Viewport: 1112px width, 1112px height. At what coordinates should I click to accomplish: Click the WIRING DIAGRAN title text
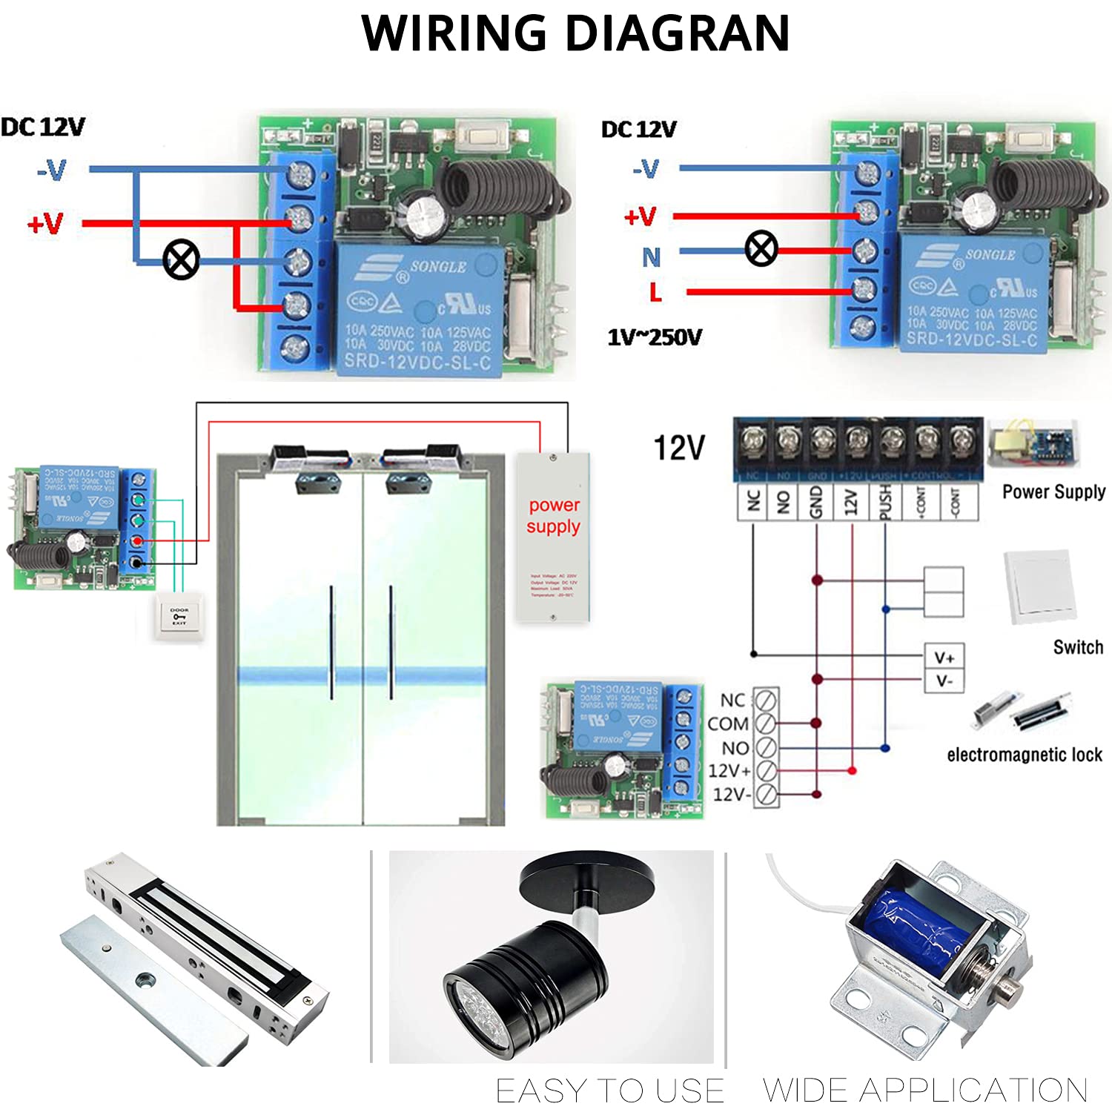point(575,33)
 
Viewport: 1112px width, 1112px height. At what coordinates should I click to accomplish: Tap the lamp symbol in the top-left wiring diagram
point(181,259)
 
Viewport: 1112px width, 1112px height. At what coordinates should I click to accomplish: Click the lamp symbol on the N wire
point(761,248)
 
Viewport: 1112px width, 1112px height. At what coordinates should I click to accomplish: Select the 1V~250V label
point(655,338)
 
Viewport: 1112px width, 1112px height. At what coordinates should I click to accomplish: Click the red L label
point(655,292)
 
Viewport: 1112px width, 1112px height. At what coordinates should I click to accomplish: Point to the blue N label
point(651,257)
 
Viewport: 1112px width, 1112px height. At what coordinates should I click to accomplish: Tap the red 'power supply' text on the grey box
point(553,515)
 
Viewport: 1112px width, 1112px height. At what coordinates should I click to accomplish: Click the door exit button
point(179,617)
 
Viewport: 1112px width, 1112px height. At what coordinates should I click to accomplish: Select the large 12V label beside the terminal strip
point(679,448)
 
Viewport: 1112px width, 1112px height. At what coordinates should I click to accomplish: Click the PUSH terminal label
point(885,502)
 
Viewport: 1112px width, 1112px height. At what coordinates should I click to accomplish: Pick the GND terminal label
point(816,502)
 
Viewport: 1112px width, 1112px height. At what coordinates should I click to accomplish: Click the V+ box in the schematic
point(944,658)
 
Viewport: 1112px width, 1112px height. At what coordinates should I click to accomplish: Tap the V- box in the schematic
point(944,681)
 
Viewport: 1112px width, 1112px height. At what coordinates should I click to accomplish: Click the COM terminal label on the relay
point(728,724)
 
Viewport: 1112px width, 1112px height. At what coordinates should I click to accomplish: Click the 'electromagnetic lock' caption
point(1024,755)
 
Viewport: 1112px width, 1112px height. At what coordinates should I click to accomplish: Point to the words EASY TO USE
point(609,1091)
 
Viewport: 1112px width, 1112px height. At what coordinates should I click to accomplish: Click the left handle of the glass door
point(331,642)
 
